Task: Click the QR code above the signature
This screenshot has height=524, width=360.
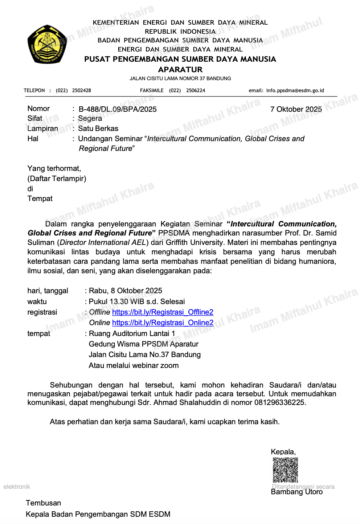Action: tap(285, 470)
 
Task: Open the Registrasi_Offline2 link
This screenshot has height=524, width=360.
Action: tap(163, 312)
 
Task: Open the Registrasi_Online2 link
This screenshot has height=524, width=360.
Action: tap(163, 323)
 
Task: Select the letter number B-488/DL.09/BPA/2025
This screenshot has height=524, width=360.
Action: tap(118, 109)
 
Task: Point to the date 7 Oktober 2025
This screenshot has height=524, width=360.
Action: tap(296, 109)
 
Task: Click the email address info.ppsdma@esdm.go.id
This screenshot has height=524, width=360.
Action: tap(295, 90)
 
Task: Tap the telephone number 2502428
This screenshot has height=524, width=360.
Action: tap(81, 90)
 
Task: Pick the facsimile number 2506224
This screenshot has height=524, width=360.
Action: tap(196, 90)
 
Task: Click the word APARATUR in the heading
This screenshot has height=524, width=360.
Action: tap(180, 69)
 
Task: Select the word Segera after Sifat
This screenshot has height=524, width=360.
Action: tap(90, 118)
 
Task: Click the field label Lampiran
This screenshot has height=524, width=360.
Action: tap(43, 128)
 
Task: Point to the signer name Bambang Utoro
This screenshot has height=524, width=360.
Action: tap(296, 492)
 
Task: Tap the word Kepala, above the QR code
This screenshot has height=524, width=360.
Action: tap(283, 452)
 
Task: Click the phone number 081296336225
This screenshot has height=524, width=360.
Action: tap(279, 402)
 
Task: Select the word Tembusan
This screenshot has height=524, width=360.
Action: tap(43, 503)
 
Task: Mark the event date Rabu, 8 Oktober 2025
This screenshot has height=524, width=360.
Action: tap(126, 291)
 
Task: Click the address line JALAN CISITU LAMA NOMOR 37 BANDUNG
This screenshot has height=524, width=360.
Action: tap(180, 78)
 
